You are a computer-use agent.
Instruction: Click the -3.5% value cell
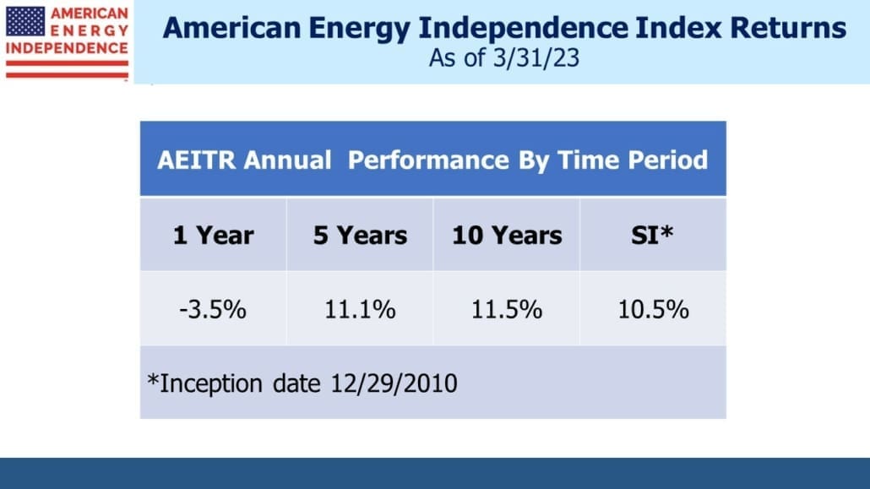pos(213,309)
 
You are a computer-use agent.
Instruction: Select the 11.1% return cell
pos(360,309)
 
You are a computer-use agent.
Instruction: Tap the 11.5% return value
pos(507,309)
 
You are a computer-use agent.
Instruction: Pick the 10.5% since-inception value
pos(653,309)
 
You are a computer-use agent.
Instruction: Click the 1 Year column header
pos(213,236)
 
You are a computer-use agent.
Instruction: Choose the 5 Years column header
pos(360,236)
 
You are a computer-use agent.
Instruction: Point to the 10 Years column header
pos(507,236)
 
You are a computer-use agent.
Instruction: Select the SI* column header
pos(652,235)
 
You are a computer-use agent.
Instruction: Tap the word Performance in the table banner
pos(428,160)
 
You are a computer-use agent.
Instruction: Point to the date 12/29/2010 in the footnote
pos(394,383)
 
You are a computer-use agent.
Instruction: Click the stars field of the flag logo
pos(25,21)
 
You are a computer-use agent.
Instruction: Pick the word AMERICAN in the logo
pos(90,14)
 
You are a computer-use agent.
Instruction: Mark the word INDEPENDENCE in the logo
pos(67,48)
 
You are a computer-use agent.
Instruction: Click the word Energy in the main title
pos(358,29)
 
